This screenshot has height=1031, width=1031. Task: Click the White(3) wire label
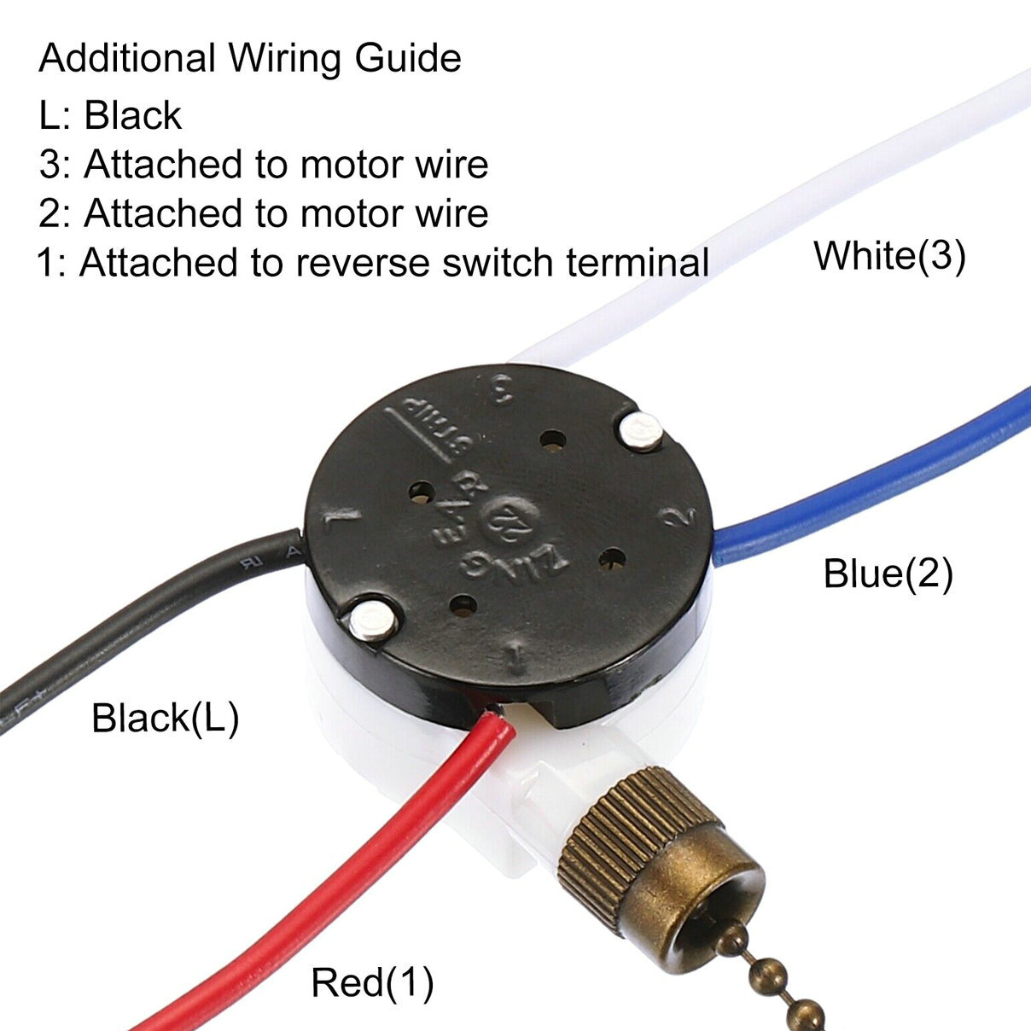click(x=889, y=256)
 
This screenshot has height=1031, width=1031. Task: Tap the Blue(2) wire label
click(x=888, y=573)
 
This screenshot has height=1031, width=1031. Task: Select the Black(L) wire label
click(x=165, y=718)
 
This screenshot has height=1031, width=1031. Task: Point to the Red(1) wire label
click(x=372, y=982)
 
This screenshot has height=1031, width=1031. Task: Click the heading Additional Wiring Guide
click(x=250, y=59)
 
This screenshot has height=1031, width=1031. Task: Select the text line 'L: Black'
click(x=110, y=115)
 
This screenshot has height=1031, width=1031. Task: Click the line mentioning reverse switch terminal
click(x=373, y=262)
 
